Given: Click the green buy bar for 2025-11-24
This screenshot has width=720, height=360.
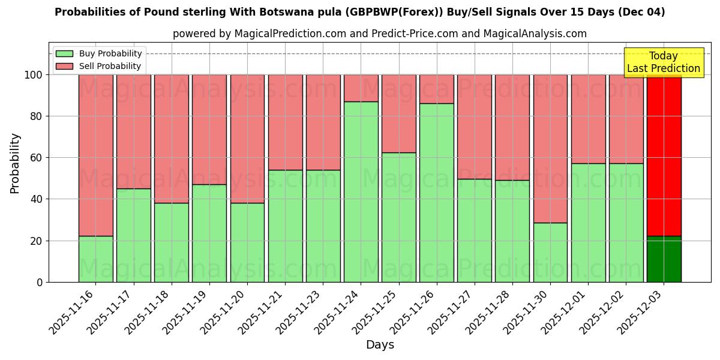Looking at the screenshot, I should [x=361, y=191].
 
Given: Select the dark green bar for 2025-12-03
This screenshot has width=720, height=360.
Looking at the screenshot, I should [x=664, y=259].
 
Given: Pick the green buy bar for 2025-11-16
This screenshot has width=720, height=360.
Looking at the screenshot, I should [x=95, y=259].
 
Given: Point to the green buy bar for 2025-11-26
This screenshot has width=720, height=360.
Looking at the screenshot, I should [x=436, y=193].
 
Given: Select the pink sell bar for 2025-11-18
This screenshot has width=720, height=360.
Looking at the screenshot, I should [x=171, y=139].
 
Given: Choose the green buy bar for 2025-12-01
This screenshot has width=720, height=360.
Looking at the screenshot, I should [x=588, y=223].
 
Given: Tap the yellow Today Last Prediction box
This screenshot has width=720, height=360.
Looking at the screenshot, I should [x=663, y=62].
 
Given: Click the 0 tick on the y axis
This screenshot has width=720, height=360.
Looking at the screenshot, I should [x=40, y=282].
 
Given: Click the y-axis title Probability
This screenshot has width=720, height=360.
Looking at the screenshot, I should [x=15, y=163].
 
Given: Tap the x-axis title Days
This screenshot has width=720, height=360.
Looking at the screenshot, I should [x=380, y=345].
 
